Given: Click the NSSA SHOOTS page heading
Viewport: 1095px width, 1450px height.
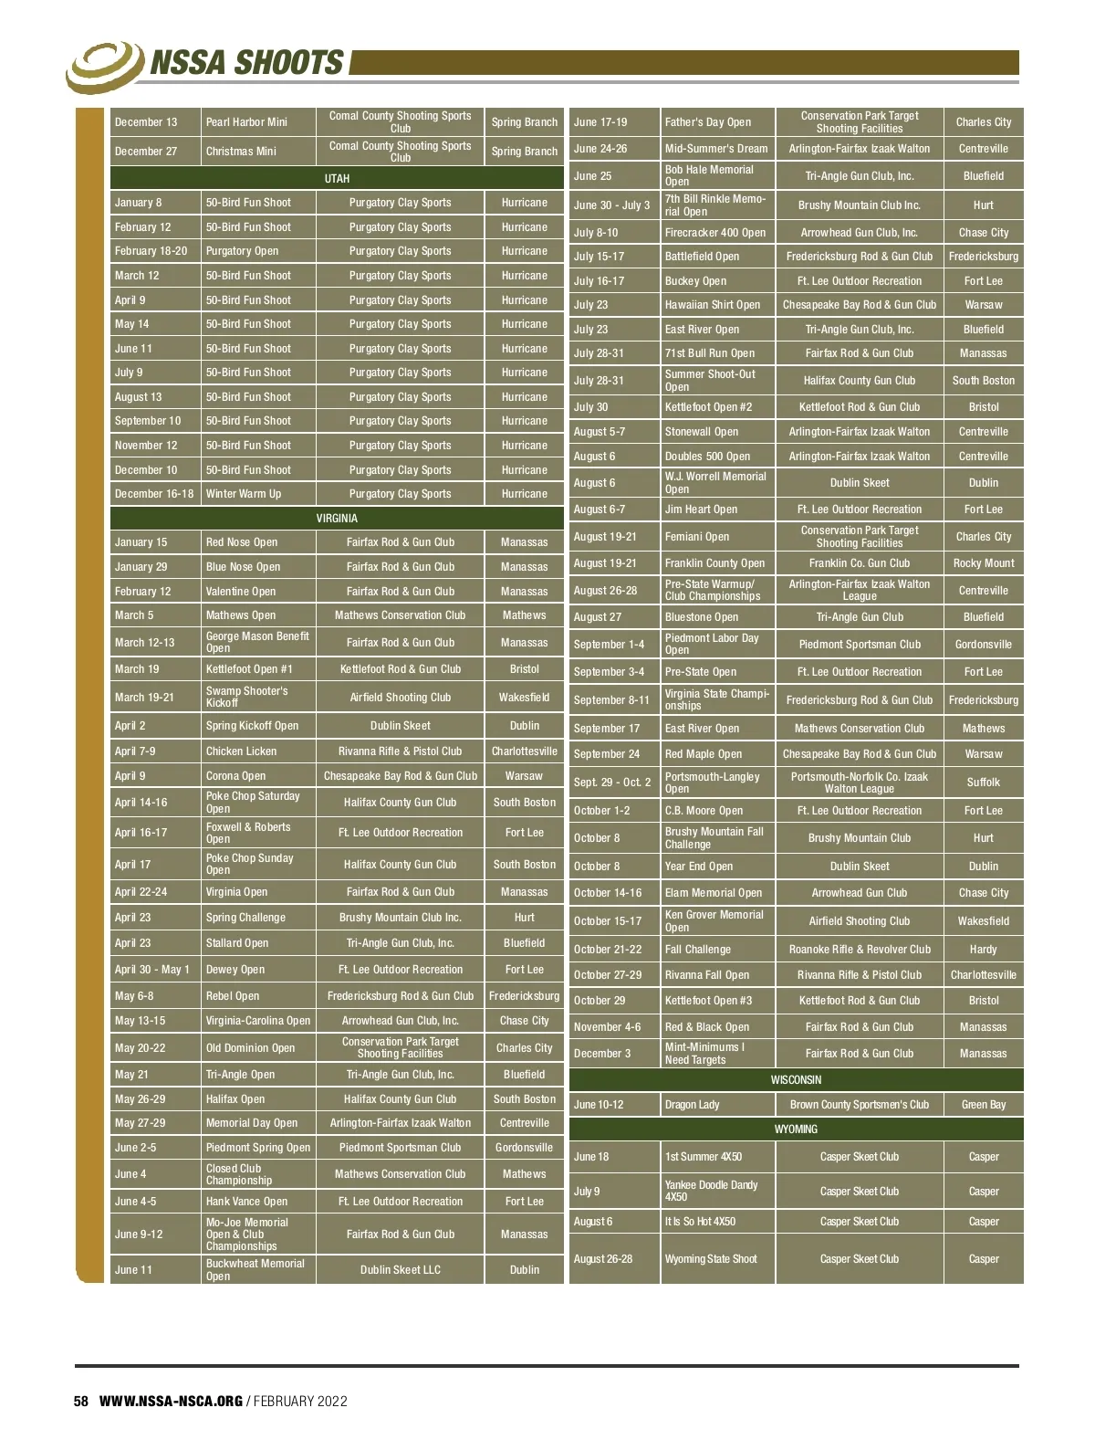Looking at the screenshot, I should tap(246, 63).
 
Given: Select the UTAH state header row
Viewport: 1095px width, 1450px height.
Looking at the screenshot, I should tap(337, 178).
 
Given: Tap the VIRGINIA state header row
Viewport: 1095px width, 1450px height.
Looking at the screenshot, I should tap(337, 518).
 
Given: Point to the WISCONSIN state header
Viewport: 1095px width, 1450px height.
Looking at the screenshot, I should tap(796, 1079).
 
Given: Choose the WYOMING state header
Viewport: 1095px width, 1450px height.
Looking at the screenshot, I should tap(796, 1129).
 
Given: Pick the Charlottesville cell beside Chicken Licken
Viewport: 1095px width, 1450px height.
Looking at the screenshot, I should tap(524, 751).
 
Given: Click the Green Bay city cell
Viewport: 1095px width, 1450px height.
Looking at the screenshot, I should tap(984, 1105).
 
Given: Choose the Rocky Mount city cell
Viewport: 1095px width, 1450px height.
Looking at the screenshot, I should tap(984, 563).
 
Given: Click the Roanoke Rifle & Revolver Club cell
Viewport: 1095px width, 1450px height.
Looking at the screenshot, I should tap(860, 950).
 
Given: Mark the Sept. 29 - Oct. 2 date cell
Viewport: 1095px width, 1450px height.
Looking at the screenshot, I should tap(612, 783).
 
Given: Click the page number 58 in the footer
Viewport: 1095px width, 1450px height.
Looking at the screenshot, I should tap(81, 1401).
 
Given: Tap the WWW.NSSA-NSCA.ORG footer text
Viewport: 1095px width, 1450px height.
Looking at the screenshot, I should tap(171, 1401).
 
